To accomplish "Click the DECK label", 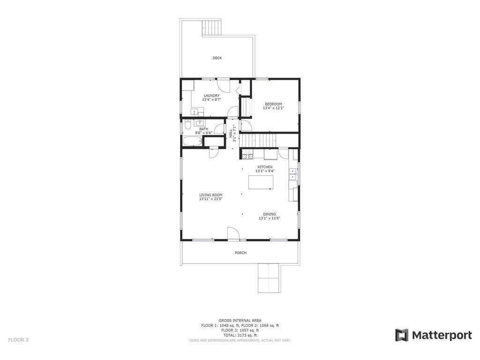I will pyautogui.click(x=217, y=58).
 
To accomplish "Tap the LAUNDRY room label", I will pyautogui.click(x=211, y=96).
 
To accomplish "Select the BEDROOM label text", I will pyautogui.click(x=273, y=104).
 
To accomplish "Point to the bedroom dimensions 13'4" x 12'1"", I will pyautogui.click(x=273, y=108).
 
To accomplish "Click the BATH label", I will pyautogui.click(x=203, y=129).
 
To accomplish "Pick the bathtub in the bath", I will pyautogui.click(x=192, y=141).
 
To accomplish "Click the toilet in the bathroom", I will pyautogui.click(x=187, y=126).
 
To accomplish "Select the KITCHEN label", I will pyautogui.click(x=265, y=167).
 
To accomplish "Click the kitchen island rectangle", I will pyautogui.click(x=261, y=183).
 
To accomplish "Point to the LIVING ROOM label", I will pyautogui.click(x=210, y=195).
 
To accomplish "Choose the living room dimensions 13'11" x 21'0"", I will pyautogui.click(x=210, y=199).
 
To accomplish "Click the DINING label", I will pyautogui.click(x=269, y=214).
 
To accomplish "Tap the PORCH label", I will pyautogui.click(x=240, y=253).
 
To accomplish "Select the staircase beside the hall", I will pyautogui.click(x=257, y=139).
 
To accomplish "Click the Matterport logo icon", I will pyautogui.click(x=402, y=335).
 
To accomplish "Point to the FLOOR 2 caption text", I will pyautogui.click(x=18, y=340).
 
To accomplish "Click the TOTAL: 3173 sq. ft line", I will pyautogui.click(x=240, y=335).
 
